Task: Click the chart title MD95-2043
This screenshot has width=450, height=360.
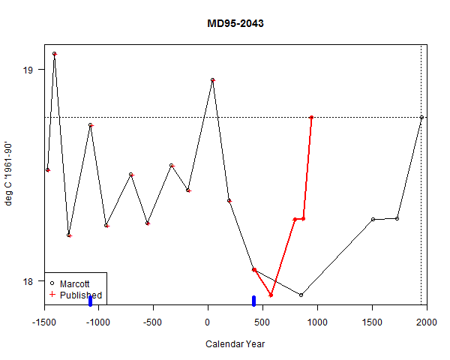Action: click(235, 24)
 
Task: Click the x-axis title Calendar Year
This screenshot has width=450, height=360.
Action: click(235, 344)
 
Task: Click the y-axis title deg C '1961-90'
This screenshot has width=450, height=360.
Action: click(10, 175)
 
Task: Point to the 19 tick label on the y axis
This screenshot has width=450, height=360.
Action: click(28, 70)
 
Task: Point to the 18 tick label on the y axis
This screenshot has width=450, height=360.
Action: click(28, 281)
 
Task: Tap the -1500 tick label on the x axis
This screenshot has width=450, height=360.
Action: click(43, 323)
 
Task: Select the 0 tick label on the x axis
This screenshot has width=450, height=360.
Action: click(208, 323)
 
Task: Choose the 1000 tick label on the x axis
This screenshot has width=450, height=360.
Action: click(317, 323)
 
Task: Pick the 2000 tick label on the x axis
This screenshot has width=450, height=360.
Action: click(427, 323)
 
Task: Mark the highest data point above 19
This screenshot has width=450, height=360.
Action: click(55, 54)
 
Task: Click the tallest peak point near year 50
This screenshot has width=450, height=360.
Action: click(213, 79)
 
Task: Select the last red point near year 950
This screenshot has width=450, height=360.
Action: click(311, 117)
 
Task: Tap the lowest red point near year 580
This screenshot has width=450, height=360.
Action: click(271, 295)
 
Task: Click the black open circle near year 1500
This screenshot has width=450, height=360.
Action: click(373, 219)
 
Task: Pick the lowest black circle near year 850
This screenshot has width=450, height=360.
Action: click(301, 295)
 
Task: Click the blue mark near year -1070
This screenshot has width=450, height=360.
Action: click(90, 301)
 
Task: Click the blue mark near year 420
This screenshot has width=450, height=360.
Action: click(253, 301)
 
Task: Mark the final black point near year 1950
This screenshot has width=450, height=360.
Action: click(421, 117)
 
